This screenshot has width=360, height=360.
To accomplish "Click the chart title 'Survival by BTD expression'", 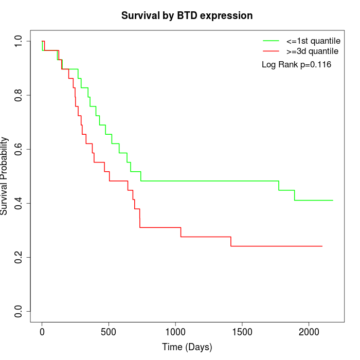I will coord(187,15).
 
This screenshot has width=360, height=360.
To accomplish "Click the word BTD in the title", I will coord(187,15).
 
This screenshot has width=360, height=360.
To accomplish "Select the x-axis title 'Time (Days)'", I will coord(187,347).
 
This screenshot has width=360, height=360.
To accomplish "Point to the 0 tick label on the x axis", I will coord(42,332).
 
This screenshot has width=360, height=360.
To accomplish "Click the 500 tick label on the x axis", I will coord(109,332).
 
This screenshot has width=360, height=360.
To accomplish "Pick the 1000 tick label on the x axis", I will coord(175,332).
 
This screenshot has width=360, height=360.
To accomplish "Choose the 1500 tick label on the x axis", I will coord(242,332).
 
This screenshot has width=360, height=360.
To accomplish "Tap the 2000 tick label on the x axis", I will coord(309,332).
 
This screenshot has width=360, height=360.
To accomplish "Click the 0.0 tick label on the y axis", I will coord(19,311).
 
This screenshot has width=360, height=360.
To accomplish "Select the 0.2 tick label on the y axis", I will coord(19,257).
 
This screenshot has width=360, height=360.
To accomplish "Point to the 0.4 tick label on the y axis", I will coord(19,203).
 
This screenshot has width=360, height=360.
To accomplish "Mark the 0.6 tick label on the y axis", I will coord(19,149).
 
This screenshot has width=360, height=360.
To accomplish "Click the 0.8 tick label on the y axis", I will coord(19,95).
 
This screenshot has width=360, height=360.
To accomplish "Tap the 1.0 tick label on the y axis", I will coord(19,41).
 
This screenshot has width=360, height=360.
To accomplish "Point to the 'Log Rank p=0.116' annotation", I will coord(296,65).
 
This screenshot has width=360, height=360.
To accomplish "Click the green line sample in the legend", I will coord(271,40).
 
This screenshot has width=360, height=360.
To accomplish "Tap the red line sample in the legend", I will coord(271,51).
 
